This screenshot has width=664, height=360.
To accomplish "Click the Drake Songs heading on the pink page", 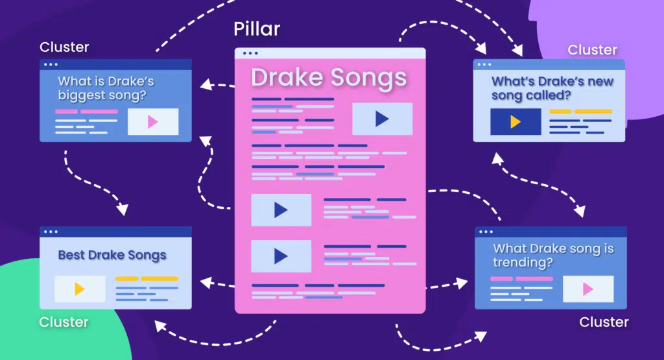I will click(x=329, y=78).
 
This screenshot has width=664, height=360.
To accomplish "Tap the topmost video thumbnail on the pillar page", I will click(x=382, y=119).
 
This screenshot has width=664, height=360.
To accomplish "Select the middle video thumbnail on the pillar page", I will click(x=281, y=210).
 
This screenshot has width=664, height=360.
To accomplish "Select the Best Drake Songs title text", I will click(x=112, y=255).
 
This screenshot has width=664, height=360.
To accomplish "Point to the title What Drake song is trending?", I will click(x=553, y=255).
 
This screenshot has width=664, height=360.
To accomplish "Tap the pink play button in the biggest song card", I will click(x=153, y=122).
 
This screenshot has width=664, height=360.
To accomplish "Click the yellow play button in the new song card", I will click(x=516, y=122).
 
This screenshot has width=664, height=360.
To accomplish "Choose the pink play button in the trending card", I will click(x=588, y=289).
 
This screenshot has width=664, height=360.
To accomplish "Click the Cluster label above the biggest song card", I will click(x=64, y=47).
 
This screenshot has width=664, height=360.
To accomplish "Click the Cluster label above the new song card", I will click(x=593, y=50).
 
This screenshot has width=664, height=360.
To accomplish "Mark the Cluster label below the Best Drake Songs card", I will click(x=64, y=322).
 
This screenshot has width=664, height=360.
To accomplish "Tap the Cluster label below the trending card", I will click(x=604, y=322).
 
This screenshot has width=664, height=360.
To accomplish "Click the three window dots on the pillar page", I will click(x=249, y=53).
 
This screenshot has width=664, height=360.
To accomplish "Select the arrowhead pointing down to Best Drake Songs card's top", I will click(x=122, y=210).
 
